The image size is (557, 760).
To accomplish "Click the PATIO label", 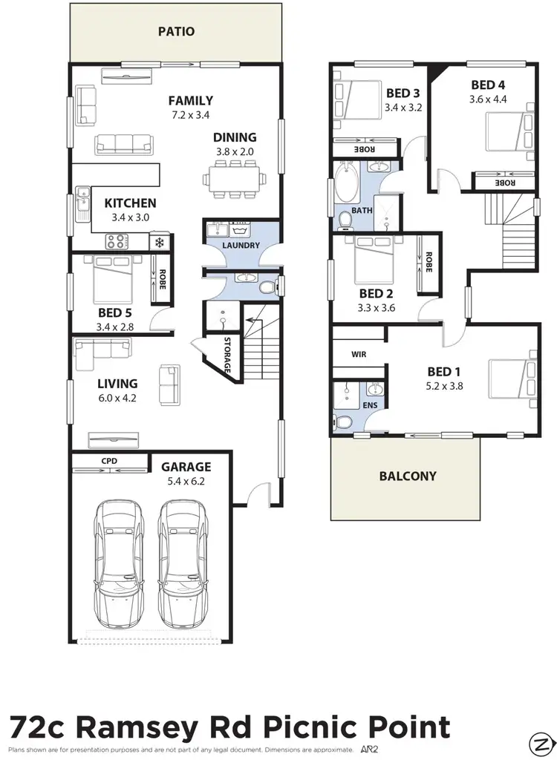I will coord(176,32).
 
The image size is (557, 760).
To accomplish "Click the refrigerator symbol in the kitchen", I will coord(159,241).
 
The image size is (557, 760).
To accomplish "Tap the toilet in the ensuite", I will coord(342,423).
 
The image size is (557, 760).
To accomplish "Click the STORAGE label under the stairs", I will coord(227,357).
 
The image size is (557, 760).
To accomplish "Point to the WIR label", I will coord(359,355).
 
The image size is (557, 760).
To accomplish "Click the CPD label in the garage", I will coord(110,461).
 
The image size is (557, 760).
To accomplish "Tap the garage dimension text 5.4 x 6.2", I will coord(186,481).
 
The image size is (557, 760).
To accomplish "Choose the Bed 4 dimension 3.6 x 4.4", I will coord(489,99).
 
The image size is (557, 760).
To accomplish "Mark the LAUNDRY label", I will coord(241,246).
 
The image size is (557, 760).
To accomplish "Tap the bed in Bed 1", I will coord(511,379).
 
